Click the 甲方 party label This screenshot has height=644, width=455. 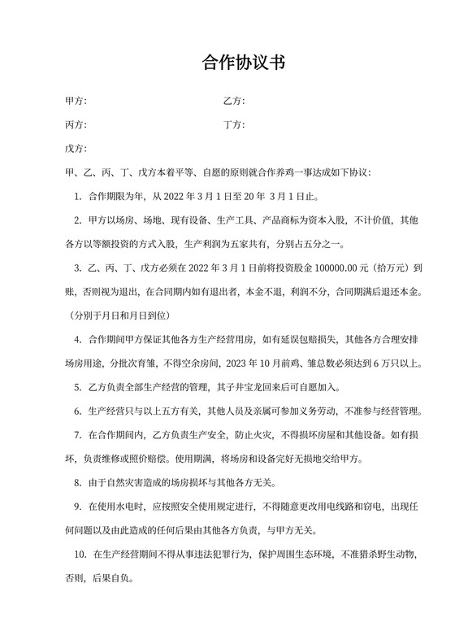tap(75, 102)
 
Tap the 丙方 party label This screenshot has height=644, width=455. tap(75, 125)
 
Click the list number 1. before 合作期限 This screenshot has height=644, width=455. tap(77, 196)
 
